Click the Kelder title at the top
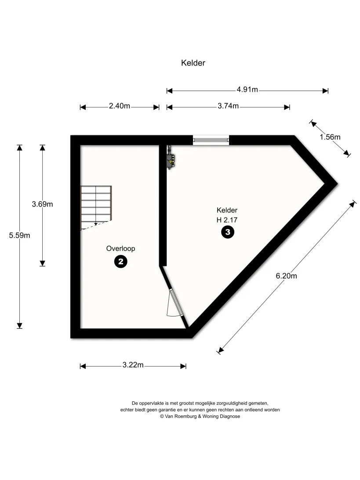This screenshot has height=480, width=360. point(193,63)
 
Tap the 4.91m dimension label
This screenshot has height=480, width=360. point(247,89)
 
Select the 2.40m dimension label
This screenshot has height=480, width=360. point(120,106)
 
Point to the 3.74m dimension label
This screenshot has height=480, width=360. point(228,106)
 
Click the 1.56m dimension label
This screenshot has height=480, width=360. point(330,137)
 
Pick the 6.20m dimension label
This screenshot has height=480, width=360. point(286,276)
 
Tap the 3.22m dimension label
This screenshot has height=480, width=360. point(133,365)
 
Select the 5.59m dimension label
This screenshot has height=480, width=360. point(20,236)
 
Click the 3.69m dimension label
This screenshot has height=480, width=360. point(42,204)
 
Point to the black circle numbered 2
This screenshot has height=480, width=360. point(120,262)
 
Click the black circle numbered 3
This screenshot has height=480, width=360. point(228,232)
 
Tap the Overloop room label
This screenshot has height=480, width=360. point(120,249)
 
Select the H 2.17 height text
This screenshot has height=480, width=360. point(227,220)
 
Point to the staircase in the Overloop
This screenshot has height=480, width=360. point(96,207)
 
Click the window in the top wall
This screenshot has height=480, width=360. point(211,140)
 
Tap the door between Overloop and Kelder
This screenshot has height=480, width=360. point(175,303)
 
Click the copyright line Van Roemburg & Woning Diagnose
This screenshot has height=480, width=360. point(200,416)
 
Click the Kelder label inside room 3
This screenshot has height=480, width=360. point(227,210)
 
